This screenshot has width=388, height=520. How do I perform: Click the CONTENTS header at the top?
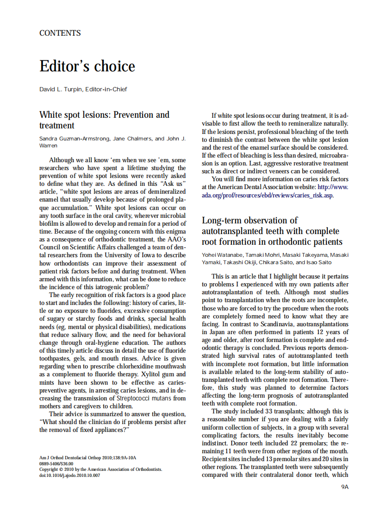60,33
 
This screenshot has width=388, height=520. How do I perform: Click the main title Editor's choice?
87,66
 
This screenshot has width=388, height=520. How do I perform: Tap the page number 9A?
344,487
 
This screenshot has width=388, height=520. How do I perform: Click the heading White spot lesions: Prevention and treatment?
104,120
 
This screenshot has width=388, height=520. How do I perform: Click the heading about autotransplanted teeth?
272,231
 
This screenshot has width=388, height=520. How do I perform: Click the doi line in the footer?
69,476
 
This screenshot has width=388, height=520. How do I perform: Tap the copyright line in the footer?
100,469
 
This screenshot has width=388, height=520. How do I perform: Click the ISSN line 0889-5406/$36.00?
56,463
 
